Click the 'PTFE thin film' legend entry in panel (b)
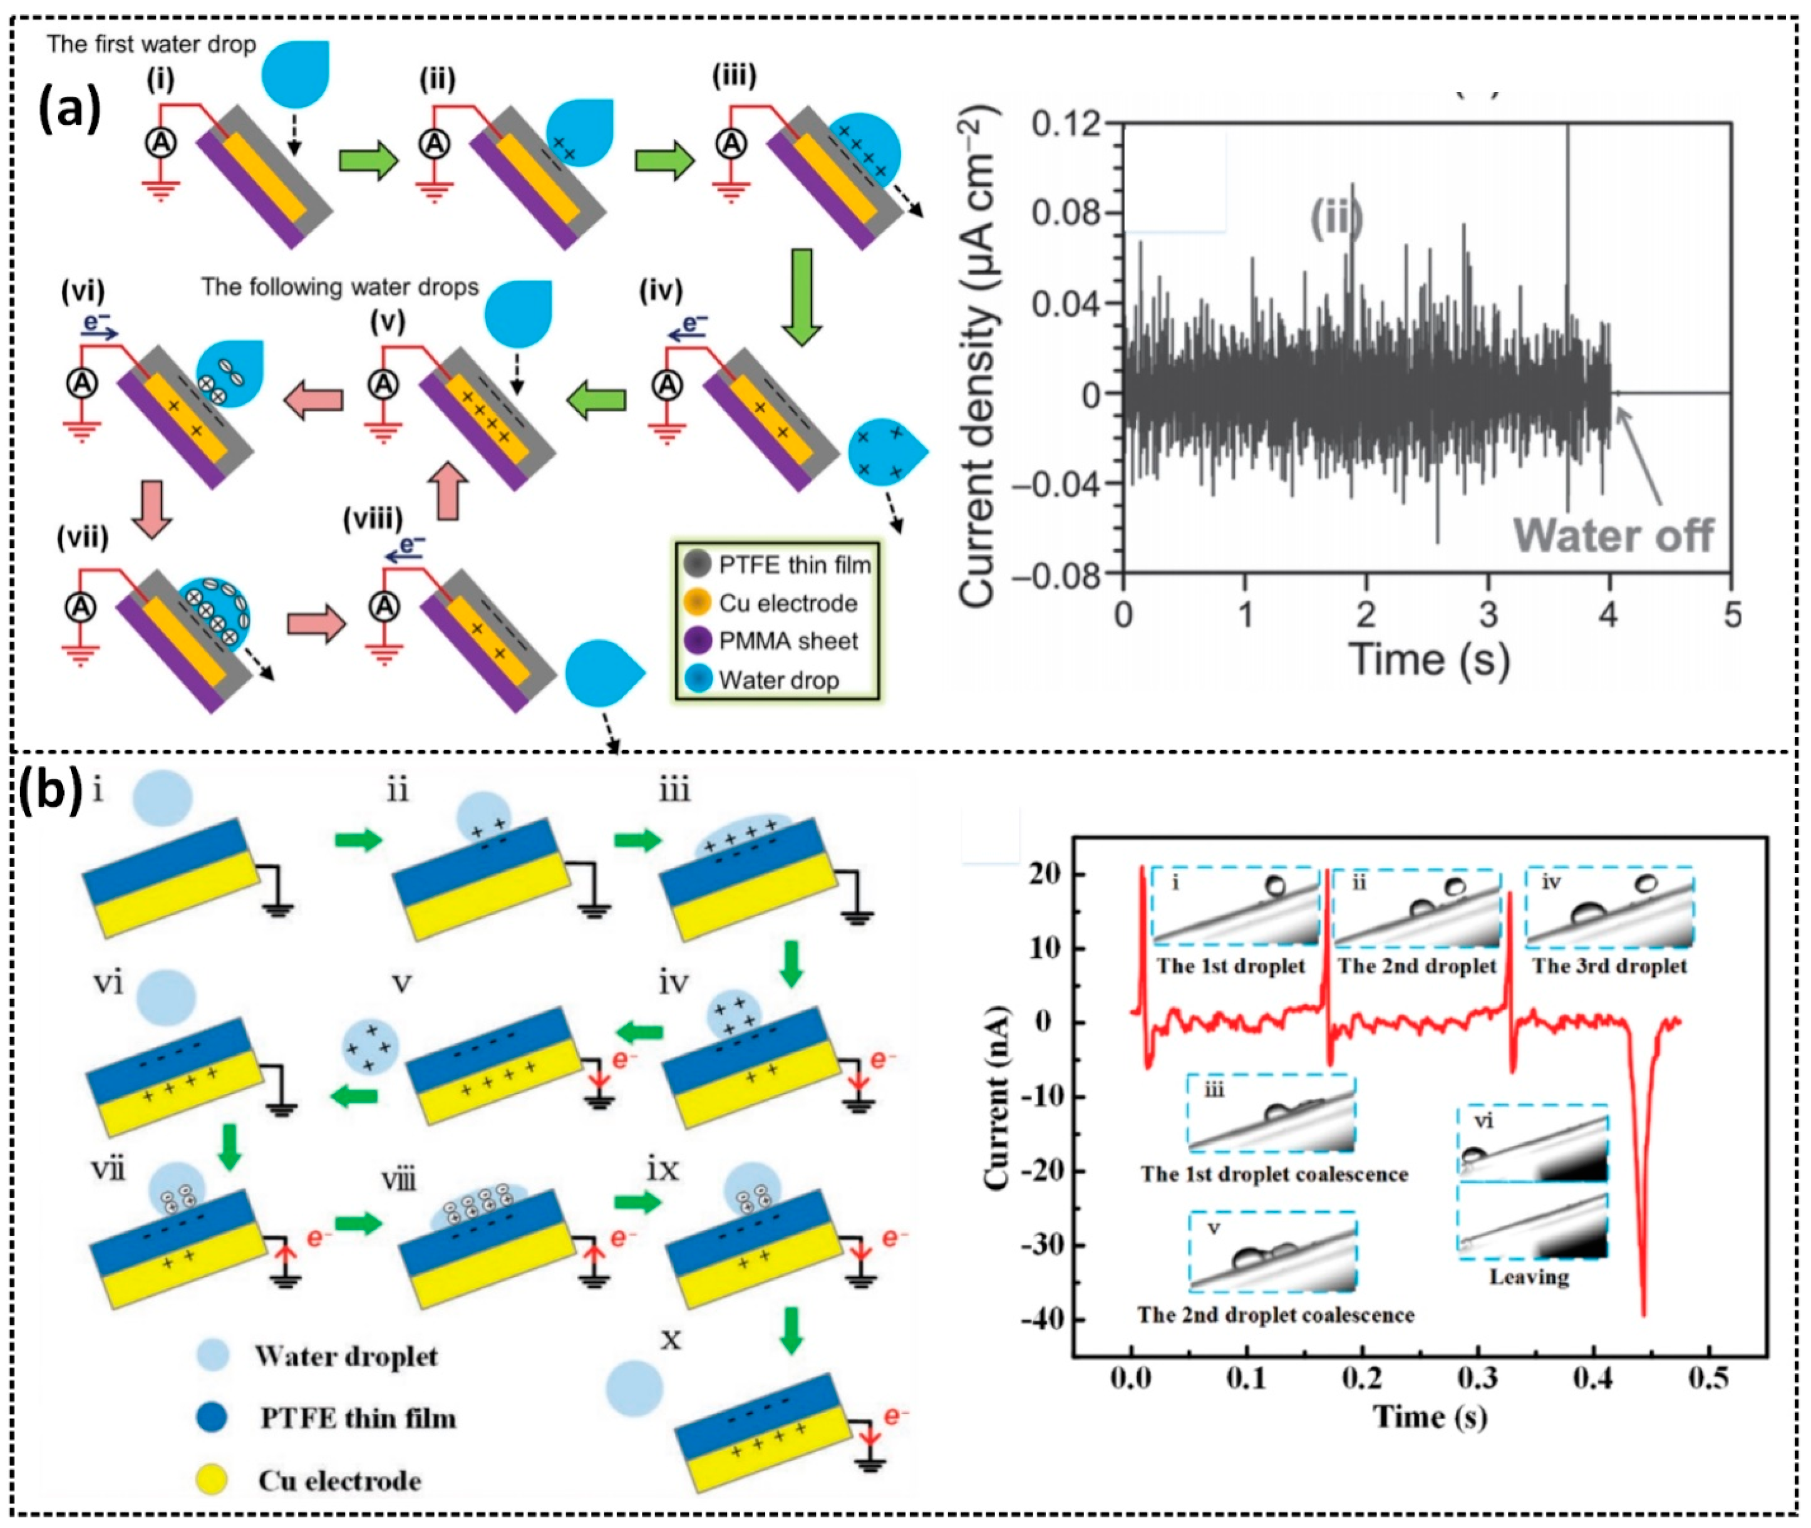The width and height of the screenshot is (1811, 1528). [357, 1418]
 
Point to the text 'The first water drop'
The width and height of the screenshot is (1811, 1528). [152, 44]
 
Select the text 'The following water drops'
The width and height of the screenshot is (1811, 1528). [339, 287]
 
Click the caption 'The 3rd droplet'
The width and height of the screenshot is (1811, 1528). [1609, 966]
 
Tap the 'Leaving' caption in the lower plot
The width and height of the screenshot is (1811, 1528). [1529, 1277]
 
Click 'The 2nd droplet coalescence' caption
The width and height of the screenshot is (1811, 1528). [1276, 1315]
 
